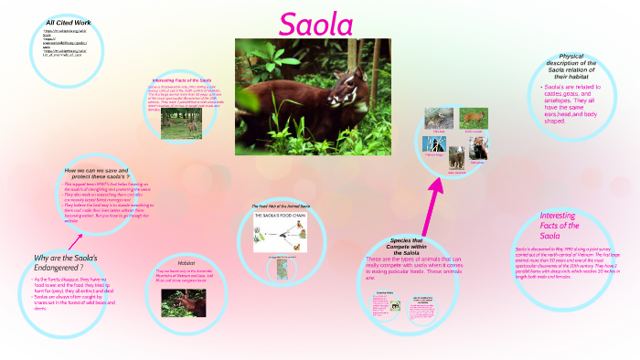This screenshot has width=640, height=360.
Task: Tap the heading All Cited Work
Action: coord(69,21)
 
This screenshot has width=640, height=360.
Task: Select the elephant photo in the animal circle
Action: coord(437,120)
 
